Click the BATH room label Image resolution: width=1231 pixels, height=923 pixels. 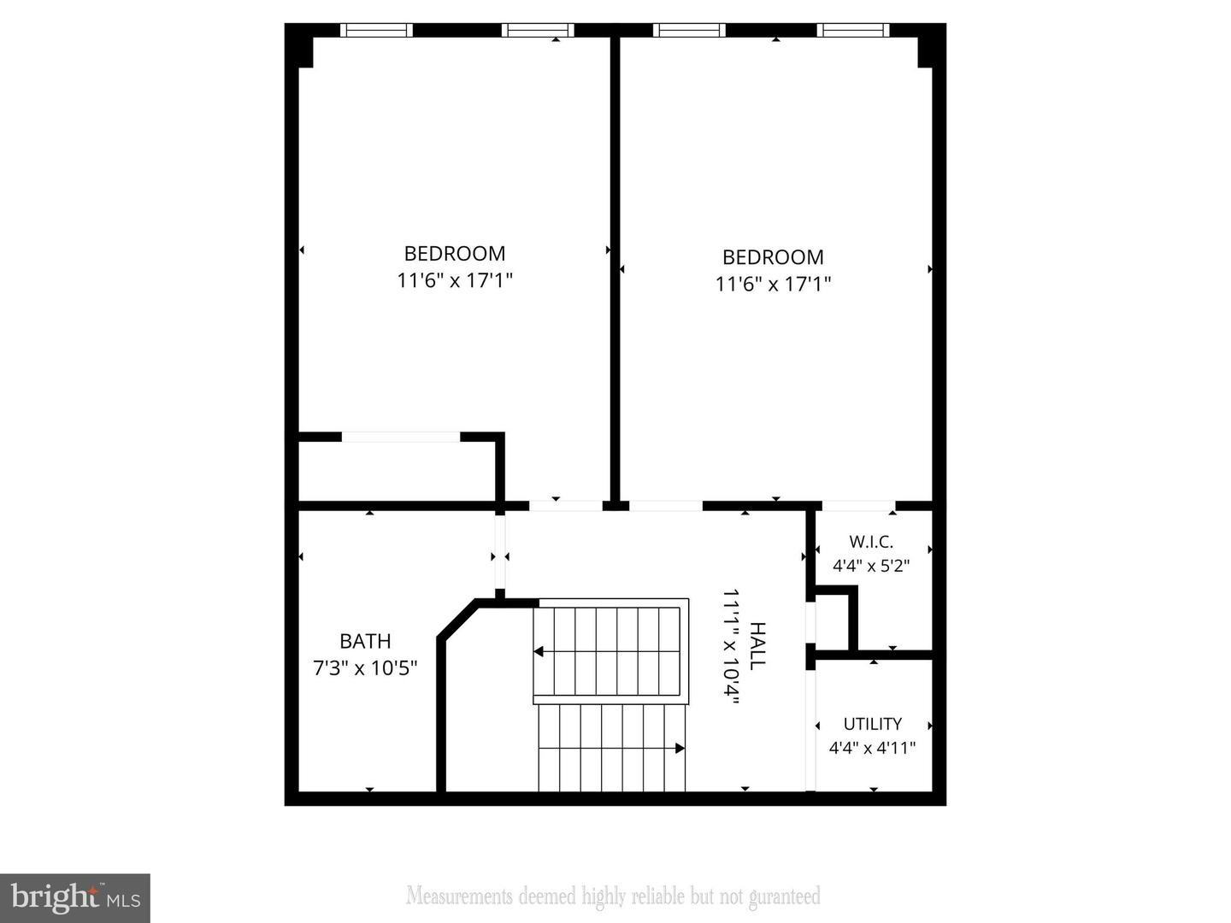tap(365, 641)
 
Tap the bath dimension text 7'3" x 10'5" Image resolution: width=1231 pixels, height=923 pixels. tap(365, 667)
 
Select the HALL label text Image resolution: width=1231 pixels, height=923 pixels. tap(757, 645)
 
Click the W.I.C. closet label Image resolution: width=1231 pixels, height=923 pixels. tap(871, 542)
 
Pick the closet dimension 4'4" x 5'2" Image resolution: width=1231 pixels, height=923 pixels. tap(871, 565)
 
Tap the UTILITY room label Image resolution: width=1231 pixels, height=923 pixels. tap(872, 724)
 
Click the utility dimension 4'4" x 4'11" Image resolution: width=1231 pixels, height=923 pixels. tap(872, 748)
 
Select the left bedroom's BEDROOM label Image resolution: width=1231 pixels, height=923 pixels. tap(455, 254)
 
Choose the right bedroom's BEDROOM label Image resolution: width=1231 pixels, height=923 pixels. tap(773, 257)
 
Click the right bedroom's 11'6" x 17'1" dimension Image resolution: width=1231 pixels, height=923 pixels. tap(773, 284)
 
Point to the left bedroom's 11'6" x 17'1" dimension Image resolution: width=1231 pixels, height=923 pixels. tap(455, 280)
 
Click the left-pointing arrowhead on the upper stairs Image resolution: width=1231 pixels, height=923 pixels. tap(539, 652)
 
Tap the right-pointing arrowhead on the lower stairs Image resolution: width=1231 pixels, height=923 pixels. tap(680, 749)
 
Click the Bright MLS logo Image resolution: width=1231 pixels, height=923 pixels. tap(75, 897)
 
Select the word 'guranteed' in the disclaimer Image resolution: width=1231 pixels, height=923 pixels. tap(784, 897)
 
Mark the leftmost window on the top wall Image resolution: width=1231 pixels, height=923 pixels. tap(376, 31)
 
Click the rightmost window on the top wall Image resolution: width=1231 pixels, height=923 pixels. tap(852, 31)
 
